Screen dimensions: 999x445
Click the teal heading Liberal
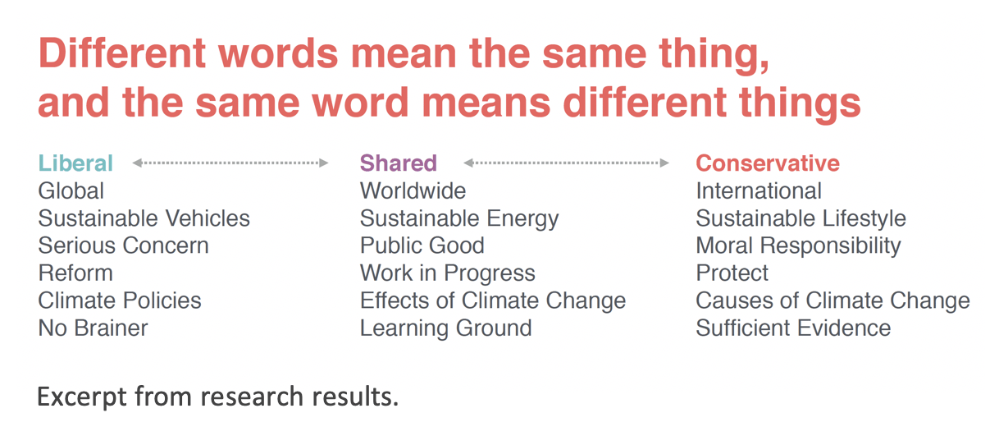coord(75,163)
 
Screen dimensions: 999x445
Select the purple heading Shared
coord(399,163)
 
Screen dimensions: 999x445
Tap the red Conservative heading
coord(768,163)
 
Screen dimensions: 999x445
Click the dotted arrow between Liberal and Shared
coord(230,163)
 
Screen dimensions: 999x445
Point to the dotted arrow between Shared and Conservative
coord(566,163)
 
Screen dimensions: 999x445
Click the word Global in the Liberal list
coord(71,191)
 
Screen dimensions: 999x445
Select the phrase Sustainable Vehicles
coord(144,218)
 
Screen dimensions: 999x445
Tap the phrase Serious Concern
coord(124,245)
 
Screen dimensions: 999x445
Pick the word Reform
coord(75,273)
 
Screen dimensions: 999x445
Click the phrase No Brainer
coord(93,328)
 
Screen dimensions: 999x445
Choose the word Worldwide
coord(413,191)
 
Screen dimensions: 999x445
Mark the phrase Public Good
coord(422,245)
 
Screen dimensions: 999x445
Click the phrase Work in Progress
coord(447,273)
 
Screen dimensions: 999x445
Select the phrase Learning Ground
coord(445,329)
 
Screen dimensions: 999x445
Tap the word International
coord(759,191)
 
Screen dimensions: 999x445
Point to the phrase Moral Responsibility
coord(798,246)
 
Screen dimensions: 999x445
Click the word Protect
coord(732,273)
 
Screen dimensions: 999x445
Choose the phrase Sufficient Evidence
coord(793,328)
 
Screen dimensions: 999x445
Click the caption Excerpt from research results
coord(217,397)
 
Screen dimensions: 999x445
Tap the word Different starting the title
coord(122,53)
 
